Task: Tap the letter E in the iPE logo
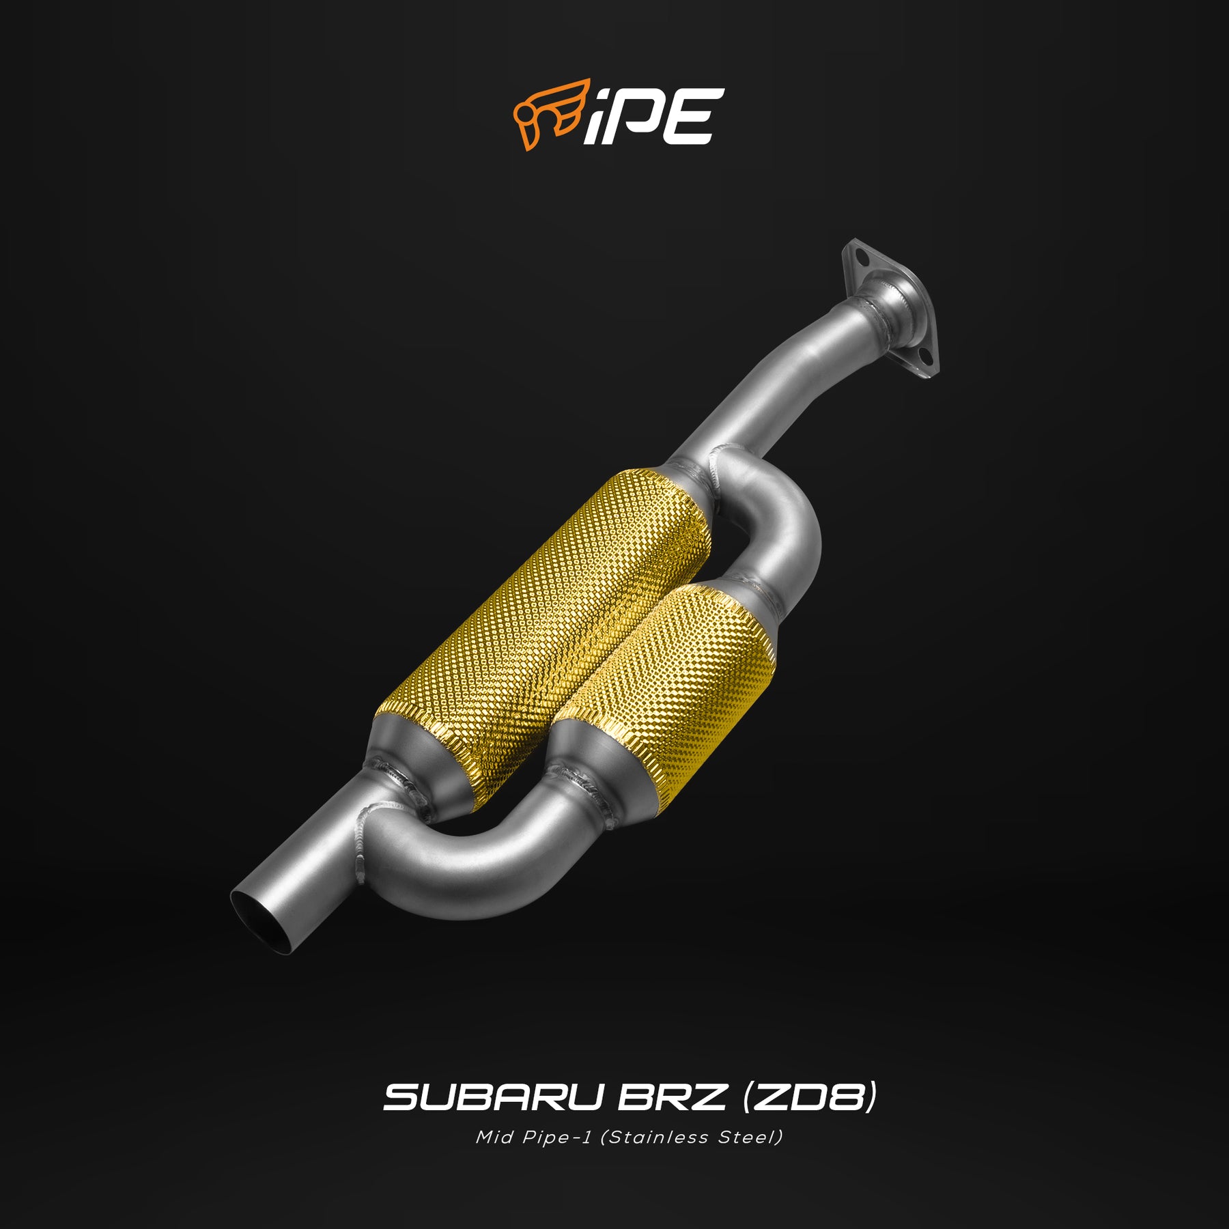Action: (x=685, y=116)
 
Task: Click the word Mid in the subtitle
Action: (x=494, y=1138)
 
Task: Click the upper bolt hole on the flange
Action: (x=863, y=259)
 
